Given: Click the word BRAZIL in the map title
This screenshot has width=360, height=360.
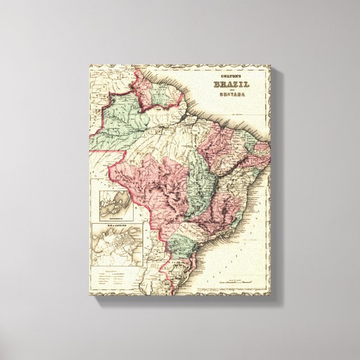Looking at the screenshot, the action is coord(231,85).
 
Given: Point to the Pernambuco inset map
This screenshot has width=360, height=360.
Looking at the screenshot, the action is coord(116,203).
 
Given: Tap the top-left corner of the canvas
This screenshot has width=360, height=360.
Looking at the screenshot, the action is coord(89,66).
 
